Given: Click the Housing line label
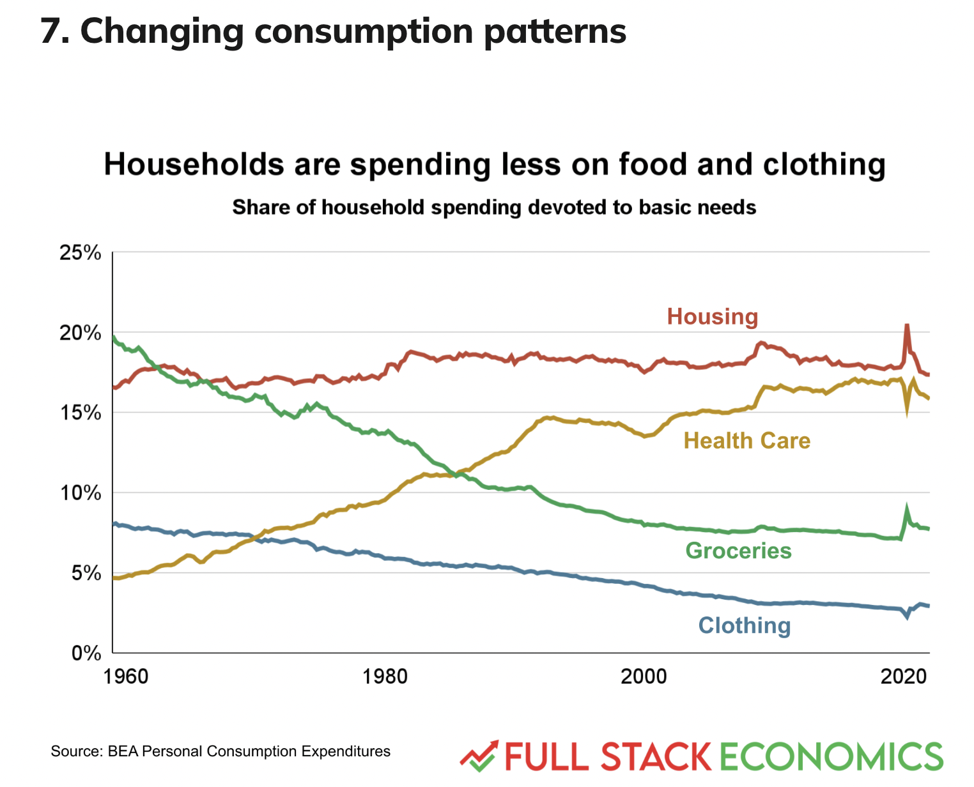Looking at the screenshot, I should pyautogui.click(x=712, y=316).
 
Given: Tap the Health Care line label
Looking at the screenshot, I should pyautogui.click(x=746, y=441).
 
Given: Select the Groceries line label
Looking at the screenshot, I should pyautogui.click(x=738, y=551).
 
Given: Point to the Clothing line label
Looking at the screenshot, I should pyautogui.click(x=744, y=625).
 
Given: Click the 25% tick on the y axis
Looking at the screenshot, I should pyautogui.click(x=80, y=253).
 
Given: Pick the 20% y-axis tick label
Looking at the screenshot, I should pyautogui.click(x=80, y=333).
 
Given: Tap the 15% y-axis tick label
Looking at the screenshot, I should pyautogui.click(x=80, y=413).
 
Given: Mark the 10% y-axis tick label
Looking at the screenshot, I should pyautogui.click(x=80, y=493).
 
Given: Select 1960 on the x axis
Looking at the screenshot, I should pyautogui.click(x=125, y=676).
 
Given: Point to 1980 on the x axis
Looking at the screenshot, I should pyautogui.click(x=384, y=676).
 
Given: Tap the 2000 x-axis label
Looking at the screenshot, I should pyautogui.click(x=644, y=676).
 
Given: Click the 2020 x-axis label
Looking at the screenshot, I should pyautogui.click(x=904, y=676).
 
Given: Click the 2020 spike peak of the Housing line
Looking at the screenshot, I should pyautogui.click(x=906, y=325).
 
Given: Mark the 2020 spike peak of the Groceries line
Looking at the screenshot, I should pyautogui.click(x=906, y=508).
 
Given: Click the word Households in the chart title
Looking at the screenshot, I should pyautogui.click(x=194, y=164).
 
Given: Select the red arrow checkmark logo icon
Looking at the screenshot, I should pyautogui.click(x=479, y=758).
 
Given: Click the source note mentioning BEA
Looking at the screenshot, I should pyautogui.click(x=220, y=751).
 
